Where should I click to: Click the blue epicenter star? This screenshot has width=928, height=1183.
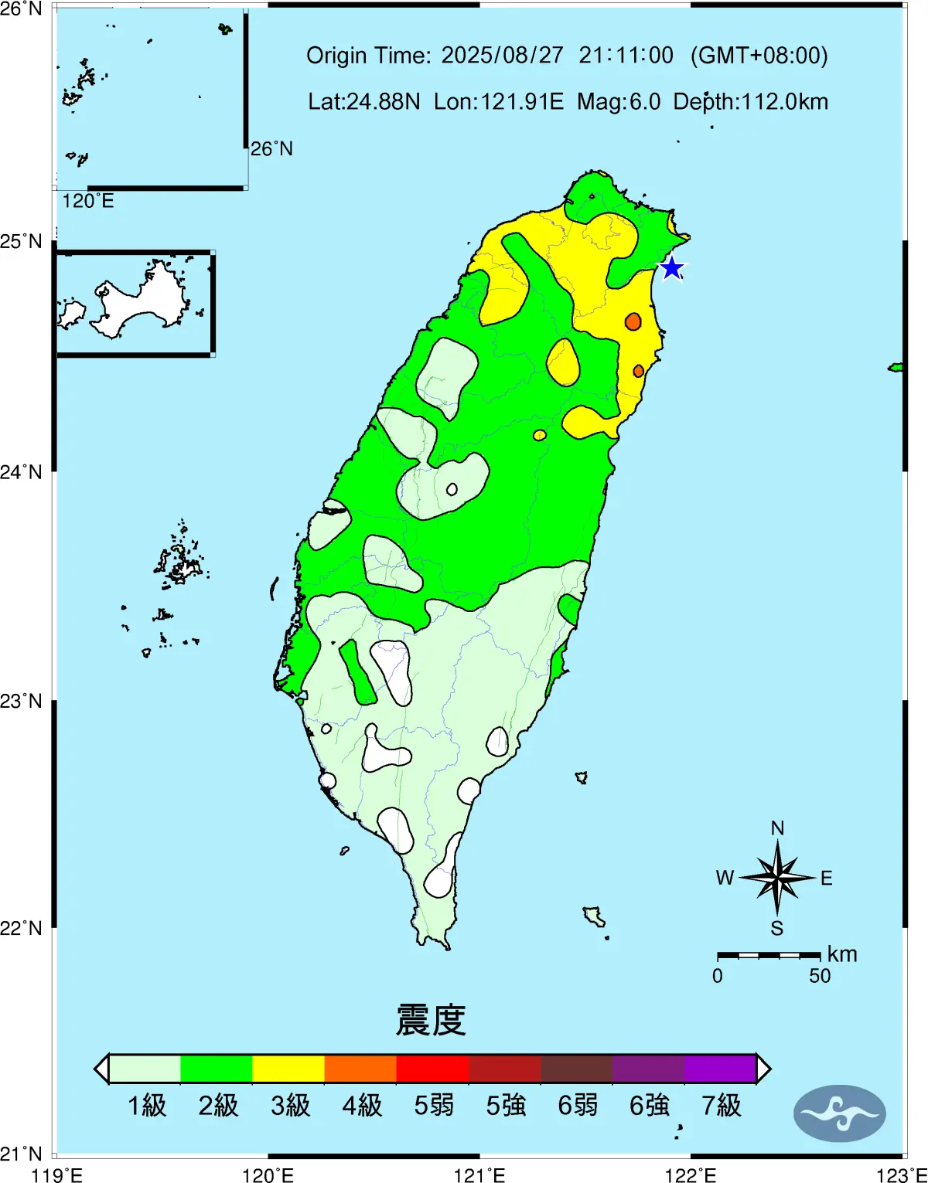point(672,268)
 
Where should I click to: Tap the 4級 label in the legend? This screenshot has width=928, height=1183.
point(362,1106)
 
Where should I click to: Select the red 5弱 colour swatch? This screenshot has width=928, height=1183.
point(432,1069)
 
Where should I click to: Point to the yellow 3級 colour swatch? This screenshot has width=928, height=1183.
point(288,1069)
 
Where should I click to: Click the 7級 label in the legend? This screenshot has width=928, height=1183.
point(722,1106)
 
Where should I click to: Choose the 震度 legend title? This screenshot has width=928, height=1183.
point(431,1020)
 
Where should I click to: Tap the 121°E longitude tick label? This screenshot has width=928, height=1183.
point(479,1175)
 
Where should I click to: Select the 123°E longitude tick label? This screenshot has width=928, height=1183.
point(902,1175)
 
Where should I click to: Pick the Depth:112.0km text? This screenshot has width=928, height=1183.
point(750,102)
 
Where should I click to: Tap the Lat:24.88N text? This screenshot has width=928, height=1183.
point(363,102)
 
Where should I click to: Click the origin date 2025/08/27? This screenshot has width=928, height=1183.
point(503,56)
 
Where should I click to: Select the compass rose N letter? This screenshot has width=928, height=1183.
point(777,828)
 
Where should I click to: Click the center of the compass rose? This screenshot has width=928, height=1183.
point(777,877)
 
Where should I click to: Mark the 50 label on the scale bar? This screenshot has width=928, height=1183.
point(820,976)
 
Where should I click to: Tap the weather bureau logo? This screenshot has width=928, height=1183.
point(839,1113)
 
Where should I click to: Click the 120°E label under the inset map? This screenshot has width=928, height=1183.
point(88,201)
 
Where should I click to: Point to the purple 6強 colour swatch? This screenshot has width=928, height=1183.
point(648,1069)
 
